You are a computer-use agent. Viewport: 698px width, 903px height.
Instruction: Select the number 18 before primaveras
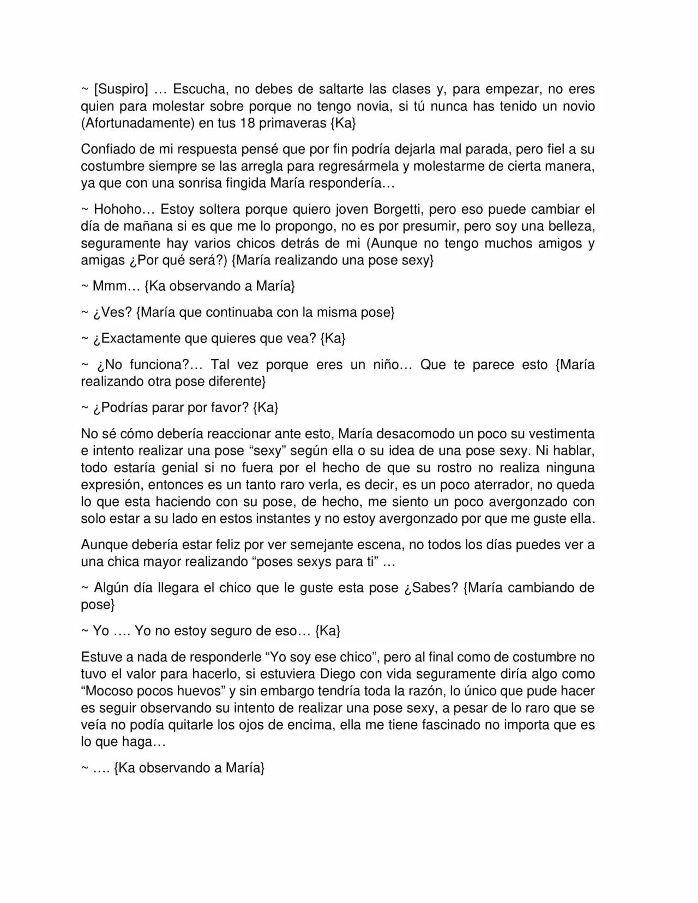tap(247, 123)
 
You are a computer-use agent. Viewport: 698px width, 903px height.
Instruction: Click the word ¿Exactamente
tap(136, 339)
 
